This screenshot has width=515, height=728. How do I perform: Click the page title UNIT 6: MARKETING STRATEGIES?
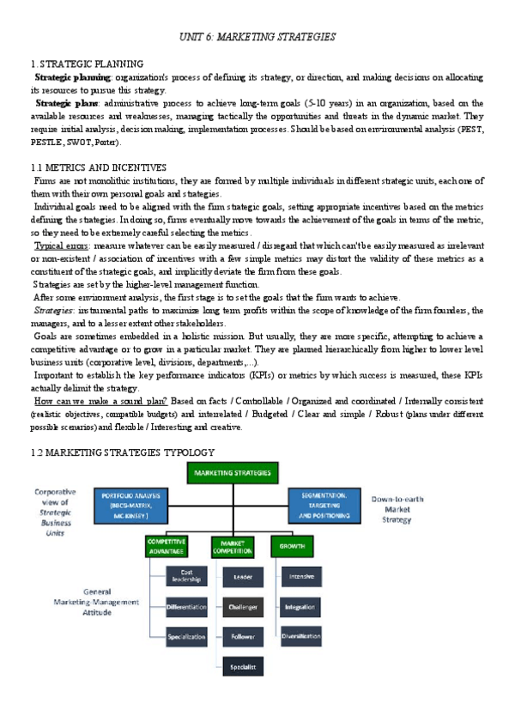pos(256,38)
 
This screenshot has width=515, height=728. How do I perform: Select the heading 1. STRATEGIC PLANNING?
pos(87,64)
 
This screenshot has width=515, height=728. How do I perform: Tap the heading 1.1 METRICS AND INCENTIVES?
pos(98,167)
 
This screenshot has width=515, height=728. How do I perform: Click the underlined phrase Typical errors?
pos(58,246)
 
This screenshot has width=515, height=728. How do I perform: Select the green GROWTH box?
pos(293,544)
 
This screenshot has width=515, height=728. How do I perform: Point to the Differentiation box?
pos(185,607)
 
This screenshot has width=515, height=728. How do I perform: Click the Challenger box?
pos(244,607)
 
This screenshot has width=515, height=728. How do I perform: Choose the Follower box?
pos(244,636)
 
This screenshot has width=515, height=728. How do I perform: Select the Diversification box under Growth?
pos(301,636)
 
